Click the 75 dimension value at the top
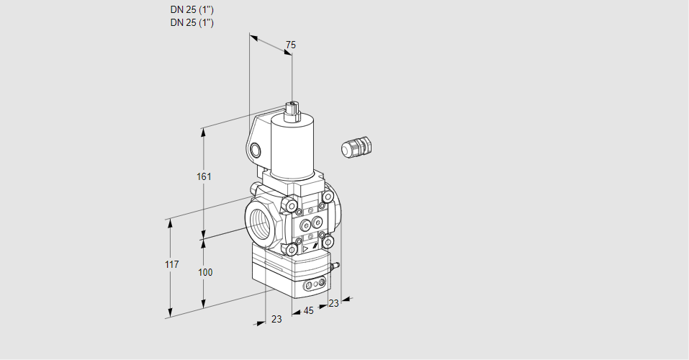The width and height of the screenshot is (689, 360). click(290, 45)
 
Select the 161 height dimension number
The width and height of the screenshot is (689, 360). click(204, 176)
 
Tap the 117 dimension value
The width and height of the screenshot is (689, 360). click(172, 264)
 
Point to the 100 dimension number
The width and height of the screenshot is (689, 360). click(204, 273)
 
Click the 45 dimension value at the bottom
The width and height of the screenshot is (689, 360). click(308, 311)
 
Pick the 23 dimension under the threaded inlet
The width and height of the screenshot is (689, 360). click(276, 319)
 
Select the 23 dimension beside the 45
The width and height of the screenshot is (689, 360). click(333, 303)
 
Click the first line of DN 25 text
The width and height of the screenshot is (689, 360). click(192, 9)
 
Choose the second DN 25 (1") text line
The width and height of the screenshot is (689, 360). click(192, 23)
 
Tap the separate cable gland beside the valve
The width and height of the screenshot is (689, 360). click(356, 147)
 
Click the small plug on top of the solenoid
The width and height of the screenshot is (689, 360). click(292, 111)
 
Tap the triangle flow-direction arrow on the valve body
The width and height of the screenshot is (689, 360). click(305, 249)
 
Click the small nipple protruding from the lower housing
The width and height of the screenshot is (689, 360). click(336, 266)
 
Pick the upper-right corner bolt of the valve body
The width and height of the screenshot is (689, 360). click(327, 197)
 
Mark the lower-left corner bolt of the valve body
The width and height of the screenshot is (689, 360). click(292, 250)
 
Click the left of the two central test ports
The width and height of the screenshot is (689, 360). click(304, 225)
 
